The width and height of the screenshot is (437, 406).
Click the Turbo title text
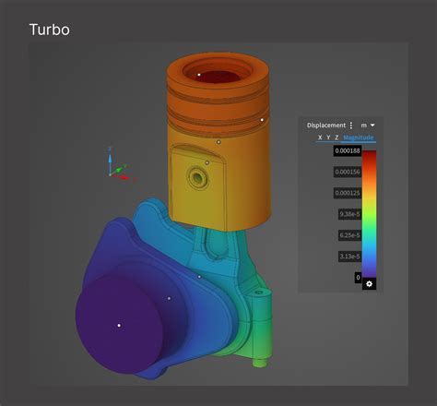pos(49,30)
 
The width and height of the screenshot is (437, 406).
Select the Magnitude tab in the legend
pos(359,137)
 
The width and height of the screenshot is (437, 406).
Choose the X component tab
pos(320,137)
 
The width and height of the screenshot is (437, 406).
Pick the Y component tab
pos(328,137)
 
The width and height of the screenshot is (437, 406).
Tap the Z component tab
pos(337,137)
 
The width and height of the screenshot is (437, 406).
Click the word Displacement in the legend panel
pos(325,125)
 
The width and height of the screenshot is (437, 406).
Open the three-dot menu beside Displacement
pos(350,125)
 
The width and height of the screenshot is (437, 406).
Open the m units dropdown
pos(368,125)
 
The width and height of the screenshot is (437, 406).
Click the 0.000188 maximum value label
pos(347,151)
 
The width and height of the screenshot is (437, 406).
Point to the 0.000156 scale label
pos(347,173)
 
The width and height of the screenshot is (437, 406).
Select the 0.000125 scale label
pos(347,194)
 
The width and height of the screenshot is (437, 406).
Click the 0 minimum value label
pos(357,277)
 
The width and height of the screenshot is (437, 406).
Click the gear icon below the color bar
pos(369,283)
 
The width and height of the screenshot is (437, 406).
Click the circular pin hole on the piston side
pos(195,175)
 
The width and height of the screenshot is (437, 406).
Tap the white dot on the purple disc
pos(119,325)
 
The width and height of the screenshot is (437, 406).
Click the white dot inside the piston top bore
pos(199,74)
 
